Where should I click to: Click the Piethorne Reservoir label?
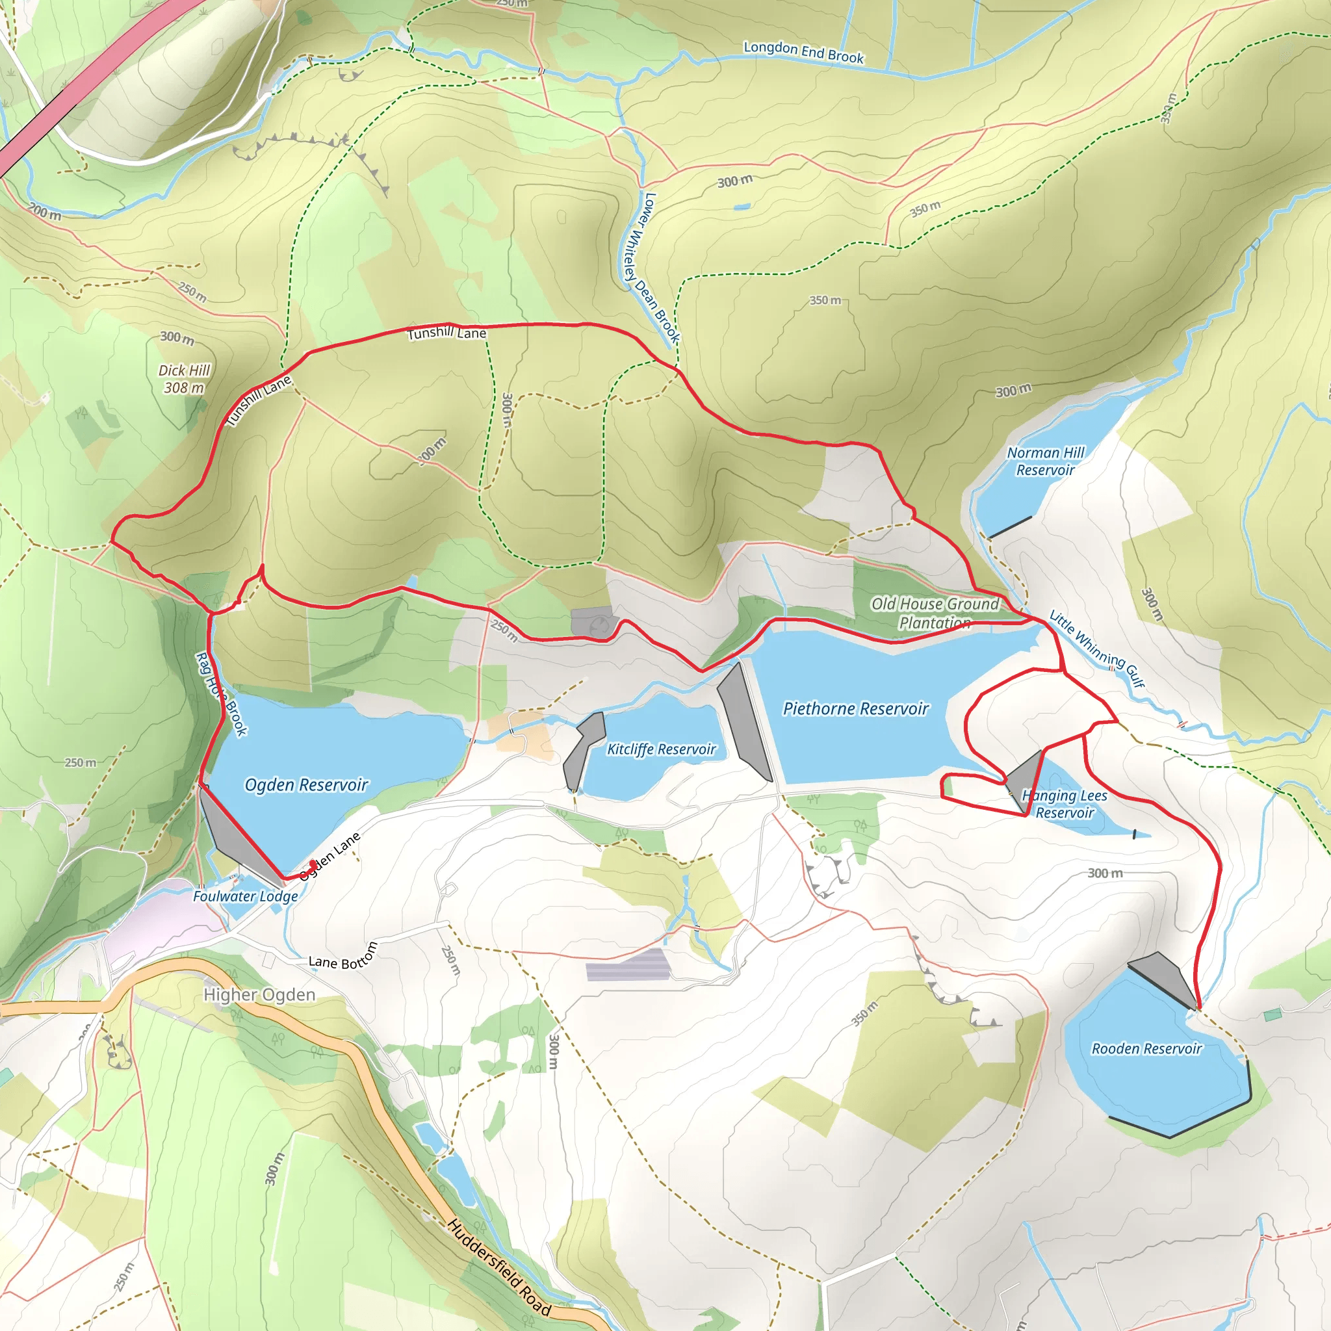(x=856, y=709)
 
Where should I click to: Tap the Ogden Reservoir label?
(x=307, y=784)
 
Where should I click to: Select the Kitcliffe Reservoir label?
(x=661, y=749)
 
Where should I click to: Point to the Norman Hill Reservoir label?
(x=1045, y=461)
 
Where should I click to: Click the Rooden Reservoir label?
(x=1146, y=1048)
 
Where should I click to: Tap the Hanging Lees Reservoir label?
(x=1065, y=804)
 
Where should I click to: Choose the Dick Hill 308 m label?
(x=183, y=379)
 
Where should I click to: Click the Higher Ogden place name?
(x=259, y=995)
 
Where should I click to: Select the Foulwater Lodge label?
(x=245, y=896)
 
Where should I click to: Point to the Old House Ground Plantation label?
(x=935, y=613)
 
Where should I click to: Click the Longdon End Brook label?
(x=803, y=53)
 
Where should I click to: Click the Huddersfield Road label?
(x=500, y=1267)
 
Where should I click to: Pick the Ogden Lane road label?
(x=331, y=856)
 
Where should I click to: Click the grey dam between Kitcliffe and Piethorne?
(x=744, y=722)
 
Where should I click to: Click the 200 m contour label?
(x=45, y=212)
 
